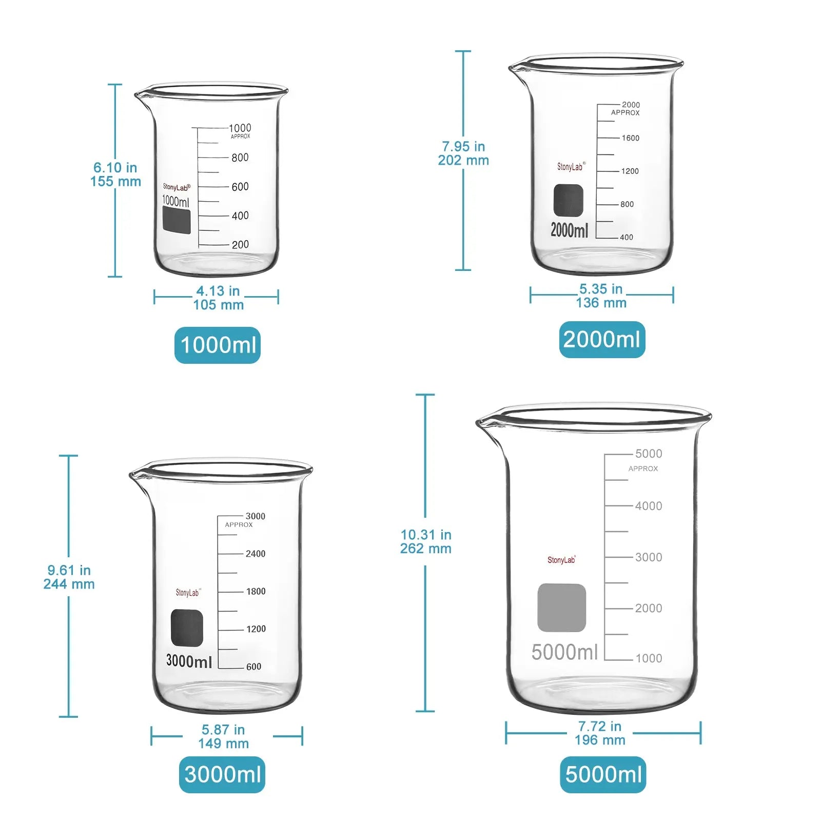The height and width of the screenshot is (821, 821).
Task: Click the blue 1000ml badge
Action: tap(218, 345)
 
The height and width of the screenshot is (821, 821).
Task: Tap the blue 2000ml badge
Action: tap(602, 339)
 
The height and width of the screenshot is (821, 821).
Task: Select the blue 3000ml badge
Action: tap(222, 774)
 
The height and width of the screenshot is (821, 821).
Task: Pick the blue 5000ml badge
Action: tap(603, 774)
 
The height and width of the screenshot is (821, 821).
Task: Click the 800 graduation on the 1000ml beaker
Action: tap(240, 158)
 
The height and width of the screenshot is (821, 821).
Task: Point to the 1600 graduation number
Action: tap(630, 138)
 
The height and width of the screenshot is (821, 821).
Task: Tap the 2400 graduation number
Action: tap(255, 554)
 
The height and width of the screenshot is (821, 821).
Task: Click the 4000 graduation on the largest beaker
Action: tap(648, 506)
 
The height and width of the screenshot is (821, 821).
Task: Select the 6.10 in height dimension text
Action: tap(115, 168)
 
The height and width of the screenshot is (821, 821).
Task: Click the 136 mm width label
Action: tap(601, 303)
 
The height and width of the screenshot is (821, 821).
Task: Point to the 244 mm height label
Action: tap(69, 584)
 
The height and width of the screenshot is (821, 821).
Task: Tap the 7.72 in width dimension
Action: tap(599, 726)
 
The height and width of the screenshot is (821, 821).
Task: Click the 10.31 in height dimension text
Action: tap(426, 535)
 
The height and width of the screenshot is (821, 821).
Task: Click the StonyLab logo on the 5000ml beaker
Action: tap(561, 560)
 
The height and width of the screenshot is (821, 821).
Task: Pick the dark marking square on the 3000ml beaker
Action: tap(187, 628)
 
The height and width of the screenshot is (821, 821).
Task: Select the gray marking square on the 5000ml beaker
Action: tap(561, 608)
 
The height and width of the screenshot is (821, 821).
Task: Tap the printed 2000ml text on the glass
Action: tap(569, 230)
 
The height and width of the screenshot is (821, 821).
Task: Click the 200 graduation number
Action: tap(240, 245)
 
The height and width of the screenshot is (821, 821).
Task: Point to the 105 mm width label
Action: tap(218, 305)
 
